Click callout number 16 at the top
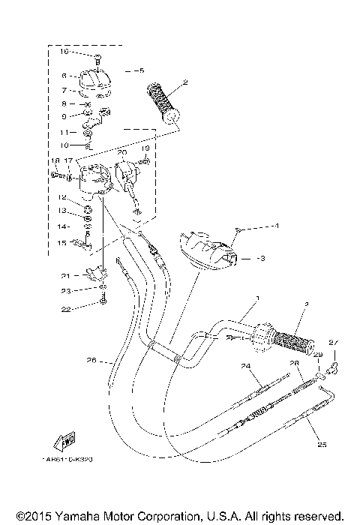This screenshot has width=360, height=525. coord(64,51)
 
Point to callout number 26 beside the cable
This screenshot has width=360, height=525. coord(91,361)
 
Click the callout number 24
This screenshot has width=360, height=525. coord(244,365)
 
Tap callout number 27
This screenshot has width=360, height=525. coord(335,344)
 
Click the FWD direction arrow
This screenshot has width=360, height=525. coord(64,439)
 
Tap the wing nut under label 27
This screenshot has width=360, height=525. coord(335,366)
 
